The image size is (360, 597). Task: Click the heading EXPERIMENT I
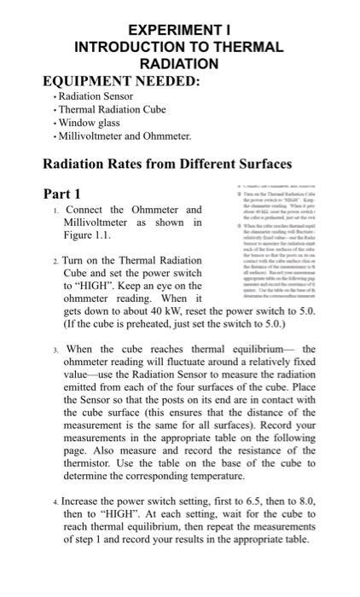click(181, 28)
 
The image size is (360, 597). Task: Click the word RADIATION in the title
click(181, 64)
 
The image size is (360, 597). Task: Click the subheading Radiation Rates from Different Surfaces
click(167, 164)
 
